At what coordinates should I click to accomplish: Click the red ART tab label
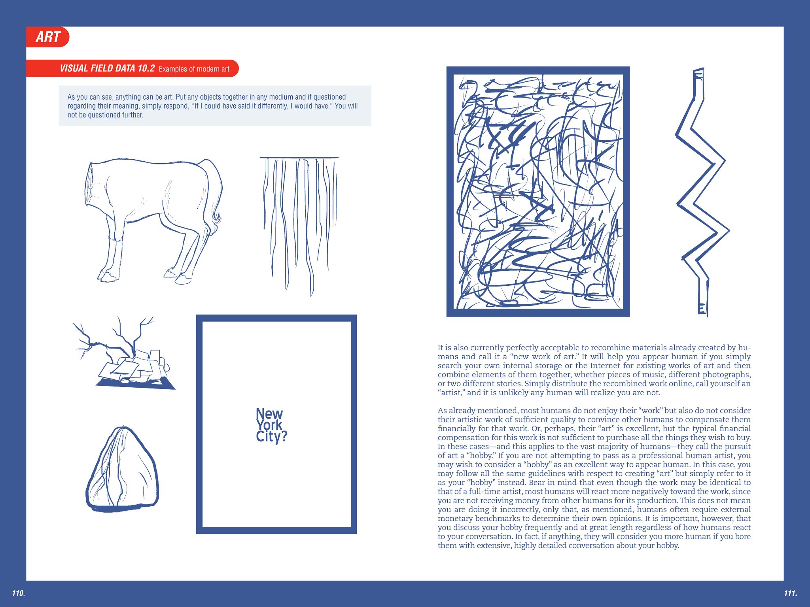tap(48, 37)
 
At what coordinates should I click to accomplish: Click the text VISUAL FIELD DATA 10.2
tap(107, 68)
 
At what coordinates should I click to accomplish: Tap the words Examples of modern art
tap(194, 69)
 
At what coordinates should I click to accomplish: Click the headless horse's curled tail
tap(217, 217)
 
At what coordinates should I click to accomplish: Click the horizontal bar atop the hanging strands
tap(299, 158)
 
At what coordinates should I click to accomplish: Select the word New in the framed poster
tap(269, 414)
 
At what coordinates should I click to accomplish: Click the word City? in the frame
tap(271, 437)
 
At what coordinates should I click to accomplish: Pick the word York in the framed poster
tap(269, 425)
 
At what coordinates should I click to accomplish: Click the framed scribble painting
tap(538, 192)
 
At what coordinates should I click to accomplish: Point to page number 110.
tap(18, 593)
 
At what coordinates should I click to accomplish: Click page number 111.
tap(790, 593)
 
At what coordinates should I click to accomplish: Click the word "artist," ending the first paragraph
tap(451, 392)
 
